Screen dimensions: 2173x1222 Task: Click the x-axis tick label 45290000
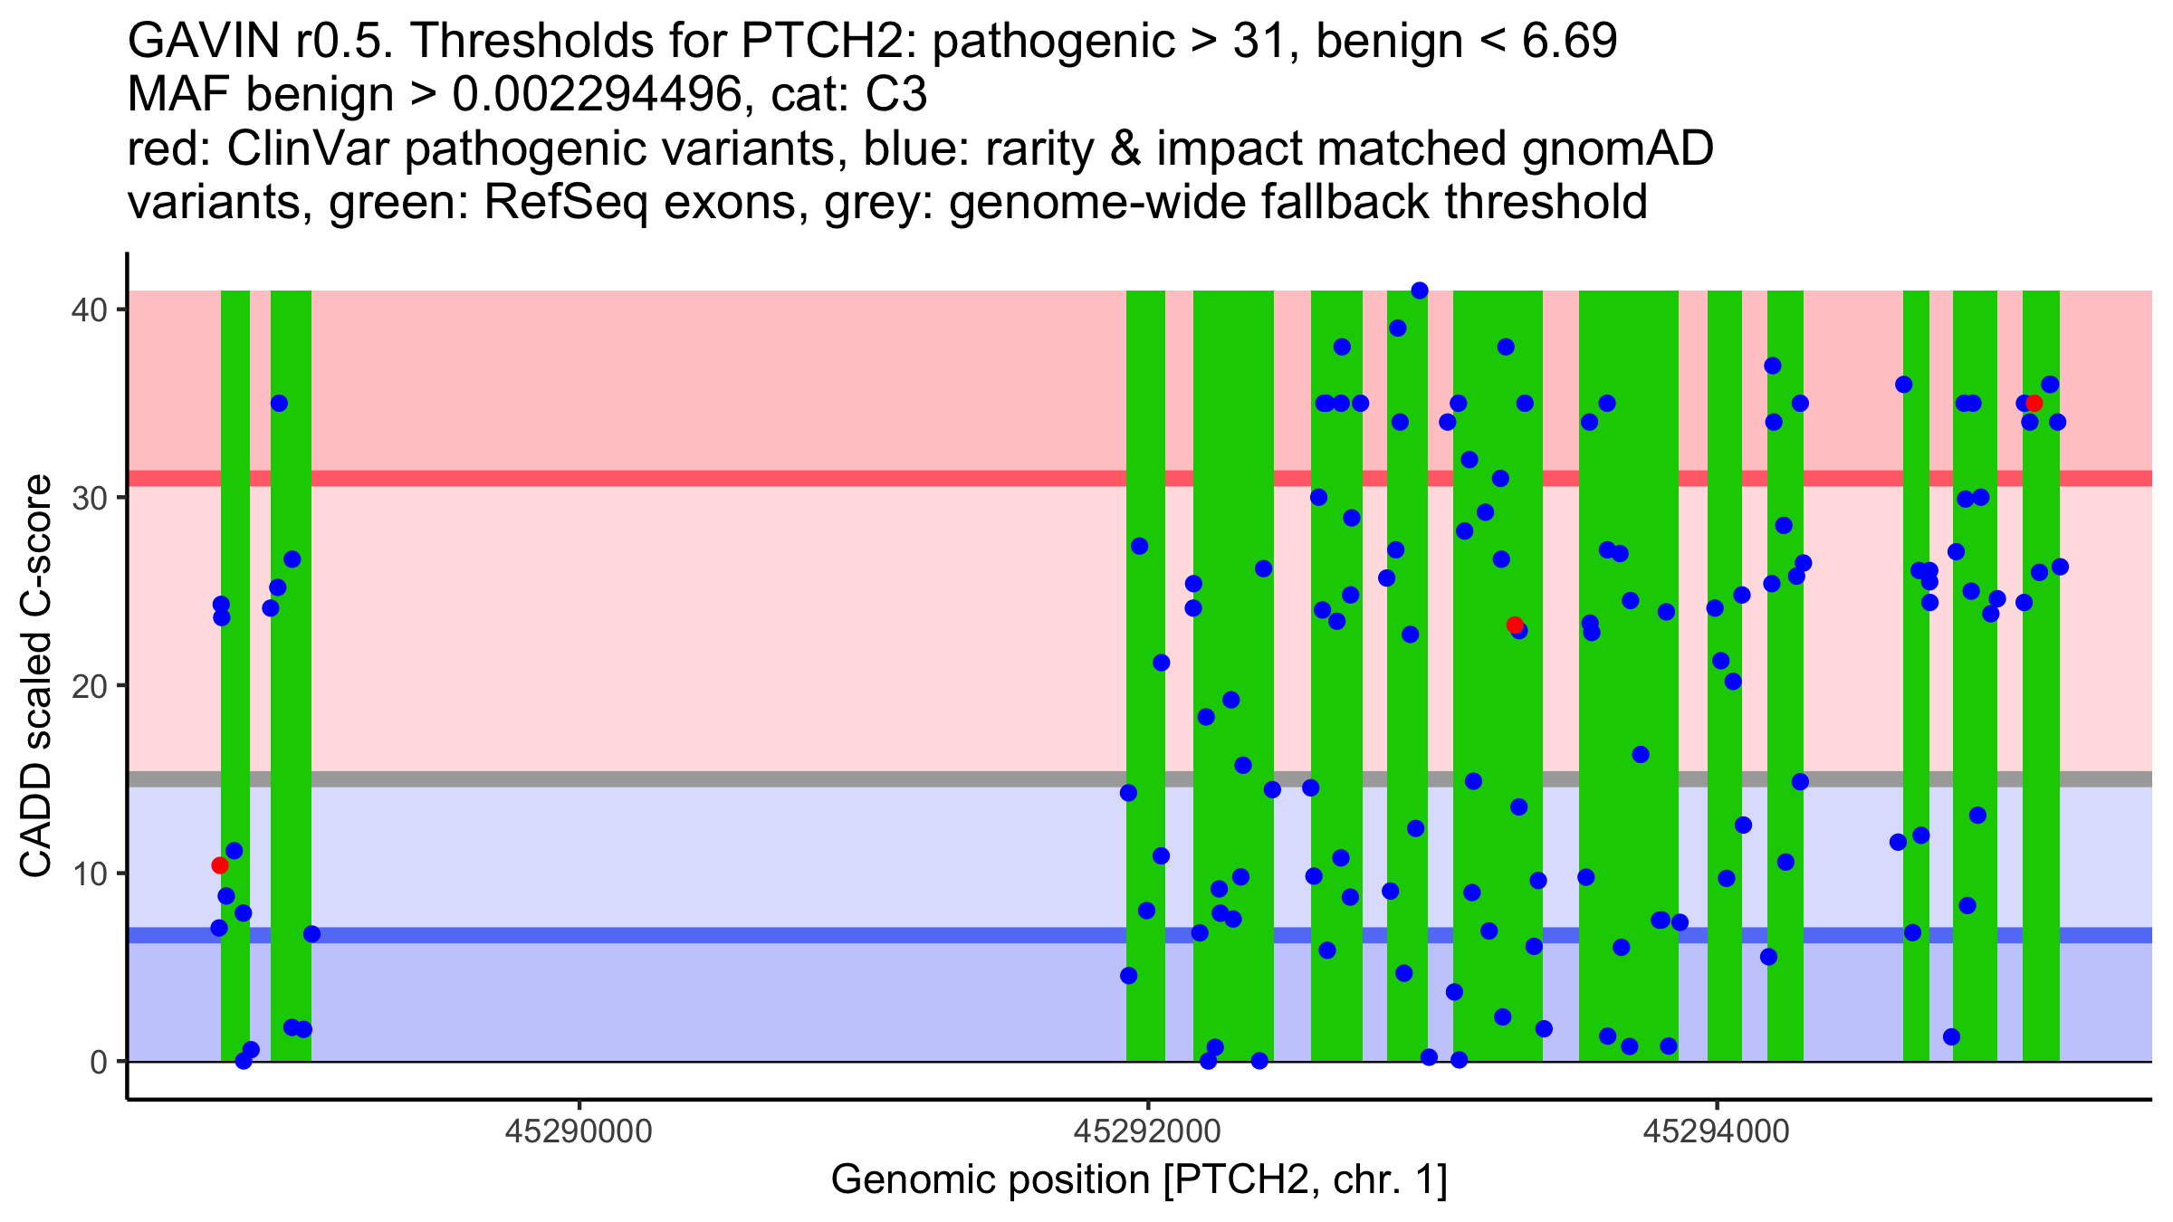click(579, 1132)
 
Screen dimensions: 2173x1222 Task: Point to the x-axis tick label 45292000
click(1147, 1132)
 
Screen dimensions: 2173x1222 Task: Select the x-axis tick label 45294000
click(1716, 1132)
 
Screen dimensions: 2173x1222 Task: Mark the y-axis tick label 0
click(98, 1062)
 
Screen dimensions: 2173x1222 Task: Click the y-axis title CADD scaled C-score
click(36, 676)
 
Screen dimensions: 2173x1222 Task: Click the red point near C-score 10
click(219, 865)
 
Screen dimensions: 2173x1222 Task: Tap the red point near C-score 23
click(1515, 625)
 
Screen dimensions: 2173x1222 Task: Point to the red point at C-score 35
click(2034, 403)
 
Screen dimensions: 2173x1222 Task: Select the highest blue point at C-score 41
click(1420, 291)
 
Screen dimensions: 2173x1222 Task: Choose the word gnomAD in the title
click(1617, 148)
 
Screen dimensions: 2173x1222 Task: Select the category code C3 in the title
click(896, 94)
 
